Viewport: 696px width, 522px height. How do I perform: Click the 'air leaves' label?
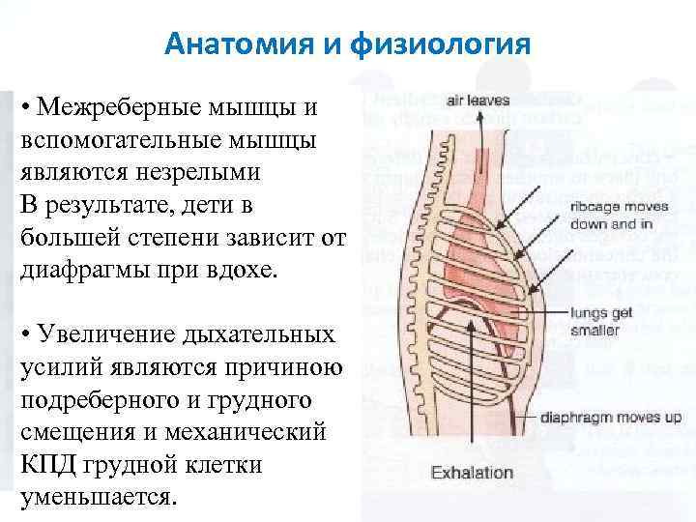(x=478, y=100)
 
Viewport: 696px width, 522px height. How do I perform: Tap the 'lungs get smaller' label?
(x=602, y=320)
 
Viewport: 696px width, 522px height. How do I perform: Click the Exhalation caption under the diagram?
(x=473, y=473)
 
